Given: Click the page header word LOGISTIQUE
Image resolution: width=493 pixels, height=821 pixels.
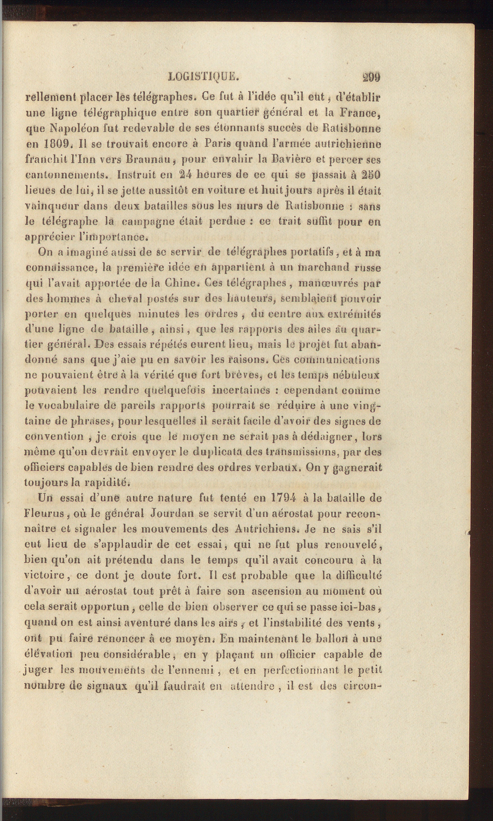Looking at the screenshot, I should tap(204, 77).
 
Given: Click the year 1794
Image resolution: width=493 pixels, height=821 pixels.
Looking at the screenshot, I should tap(283, 498).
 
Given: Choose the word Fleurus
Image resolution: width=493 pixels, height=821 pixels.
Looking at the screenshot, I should tap(44, 513).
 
